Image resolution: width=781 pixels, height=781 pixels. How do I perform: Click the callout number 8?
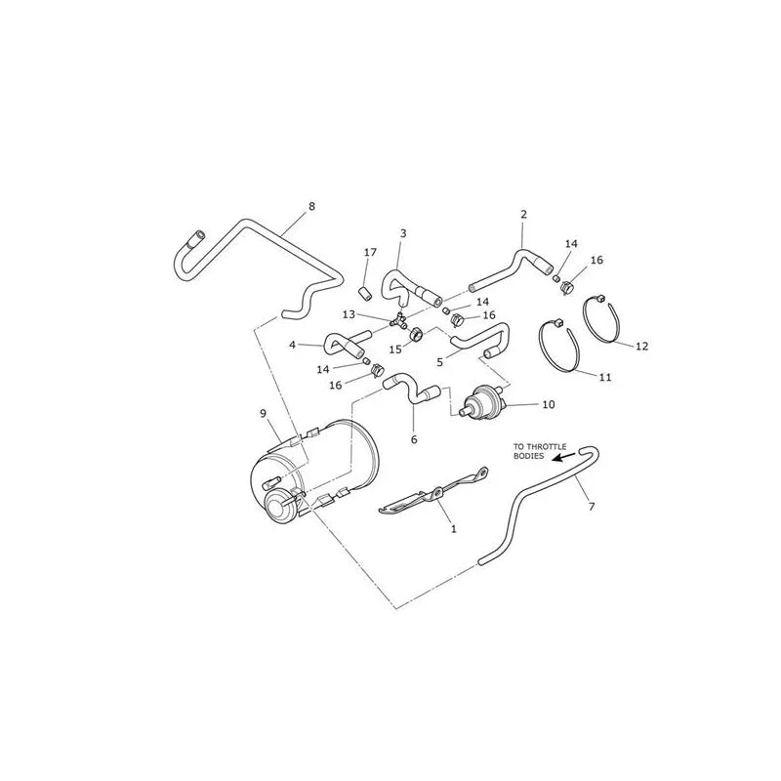coord(311,206)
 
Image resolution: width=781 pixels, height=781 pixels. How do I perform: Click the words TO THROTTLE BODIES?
coord(540,451)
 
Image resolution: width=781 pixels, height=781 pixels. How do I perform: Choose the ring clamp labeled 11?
coord(559,347)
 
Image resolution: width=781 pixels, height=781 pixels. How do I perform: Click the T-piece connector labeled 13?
coord(399,320)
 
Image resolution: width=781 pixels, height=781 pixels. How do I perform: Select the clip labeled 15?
coord(416,333)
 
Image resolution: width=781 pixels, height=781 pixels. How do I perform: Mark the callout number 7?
coord(592,507)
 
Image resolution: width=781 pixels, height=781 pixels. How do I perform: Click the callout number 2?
coord(523,215)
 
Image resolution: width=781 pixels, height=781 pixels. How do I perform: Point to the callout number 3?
coord(403,233)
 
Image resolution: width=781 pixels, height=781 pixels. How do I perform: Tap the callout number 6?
coord(414,440)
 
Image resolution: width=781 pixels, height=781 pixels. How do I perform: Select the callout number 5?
coord(439,362)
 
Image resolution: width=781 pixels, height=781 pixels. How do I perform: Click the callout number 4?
coord(292,345)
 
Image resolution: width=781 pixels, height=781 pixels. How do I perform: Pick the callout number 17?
coord(370,253)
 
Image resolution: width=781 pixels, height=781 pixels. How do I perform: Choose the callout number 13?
coord(349,314)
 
